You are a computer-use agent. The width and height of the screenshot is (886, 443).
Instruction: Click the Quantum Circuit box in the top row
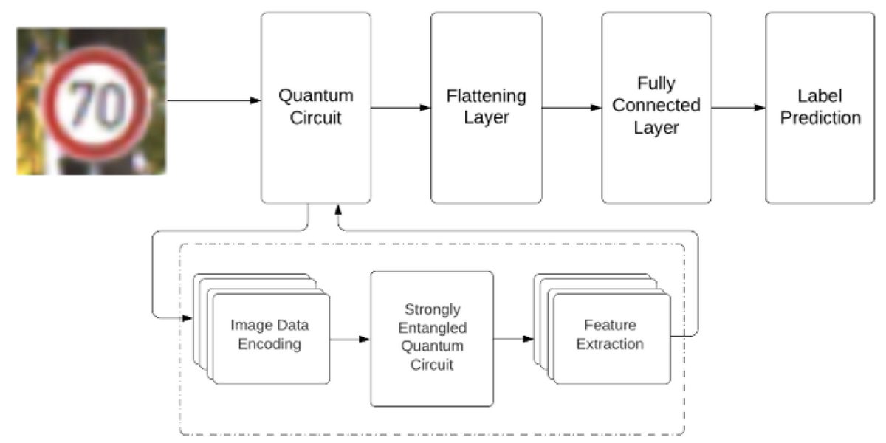[315, 107]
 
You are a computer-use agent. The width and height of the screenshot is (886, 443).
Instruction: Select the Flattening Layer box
[486, 107]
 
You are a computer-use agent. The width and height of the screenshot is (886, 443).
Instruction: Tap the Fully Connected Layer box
[656, 107]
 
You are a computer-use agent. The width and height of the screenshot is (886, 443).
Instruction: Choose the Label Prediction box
[820, 107]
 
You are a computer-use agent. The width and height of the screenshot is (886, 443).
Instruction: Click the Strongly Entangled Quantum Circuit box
[431, 337]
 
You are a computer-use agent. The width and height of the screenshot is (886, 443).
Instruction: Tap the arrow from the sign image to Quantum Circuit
[214, 101]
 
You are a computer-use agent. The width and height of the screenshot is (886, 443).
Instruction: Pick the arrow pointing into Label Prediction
[738, 108]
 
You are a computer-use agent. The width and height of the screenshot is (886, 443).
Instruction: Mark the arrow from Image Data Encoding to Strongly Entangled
[350, 340]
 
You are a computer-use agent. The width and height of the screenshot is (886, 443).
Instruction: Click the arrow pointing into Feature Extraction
[513, 340]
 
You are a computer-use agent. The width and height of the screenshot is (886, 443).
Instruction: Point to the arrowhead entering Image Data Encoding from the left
[187, 318]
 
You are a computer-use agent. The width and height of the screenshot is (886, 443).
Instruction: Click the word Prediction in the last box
[820, 118]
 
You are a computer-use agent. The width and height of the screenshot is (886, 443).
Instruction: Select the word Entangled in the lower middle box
[432, 327]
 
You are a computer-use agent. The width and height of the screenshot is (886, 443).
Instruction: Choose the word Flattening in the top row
[486, 97]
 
